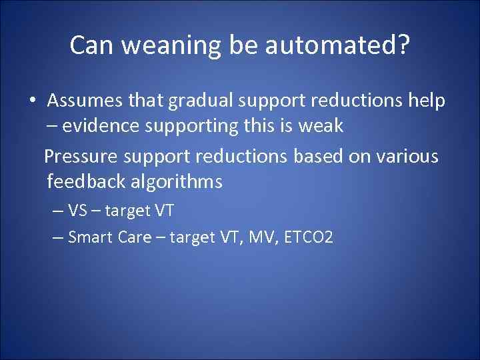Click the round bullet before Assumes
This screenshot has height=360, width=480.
[x=31, y=101]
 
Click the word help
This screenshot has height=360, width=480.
[x=425, y=101]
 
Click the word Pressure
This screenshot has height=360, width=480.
[x=79, y=156]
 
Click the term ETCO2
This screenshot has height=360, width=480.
[x=307, y=237]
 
